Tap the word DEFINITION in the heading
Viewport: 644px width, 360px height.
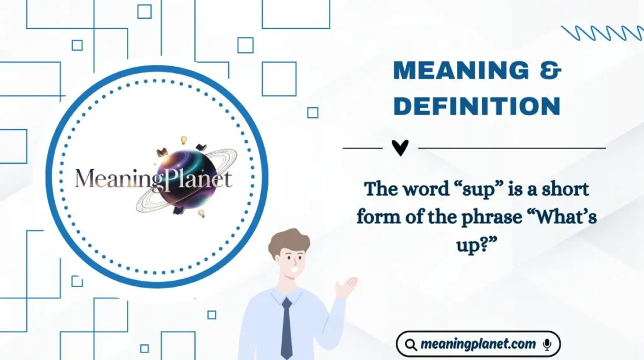477,106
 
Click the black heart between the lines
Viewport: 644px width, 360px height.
400,147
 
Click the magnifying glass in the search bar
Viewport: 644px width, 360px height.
411,344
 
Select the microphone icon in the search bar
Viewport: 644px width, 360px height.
547,344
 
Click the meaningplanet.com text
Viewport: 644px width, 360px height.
479,344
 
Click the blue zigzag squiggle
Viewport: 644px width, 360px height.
601,32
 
